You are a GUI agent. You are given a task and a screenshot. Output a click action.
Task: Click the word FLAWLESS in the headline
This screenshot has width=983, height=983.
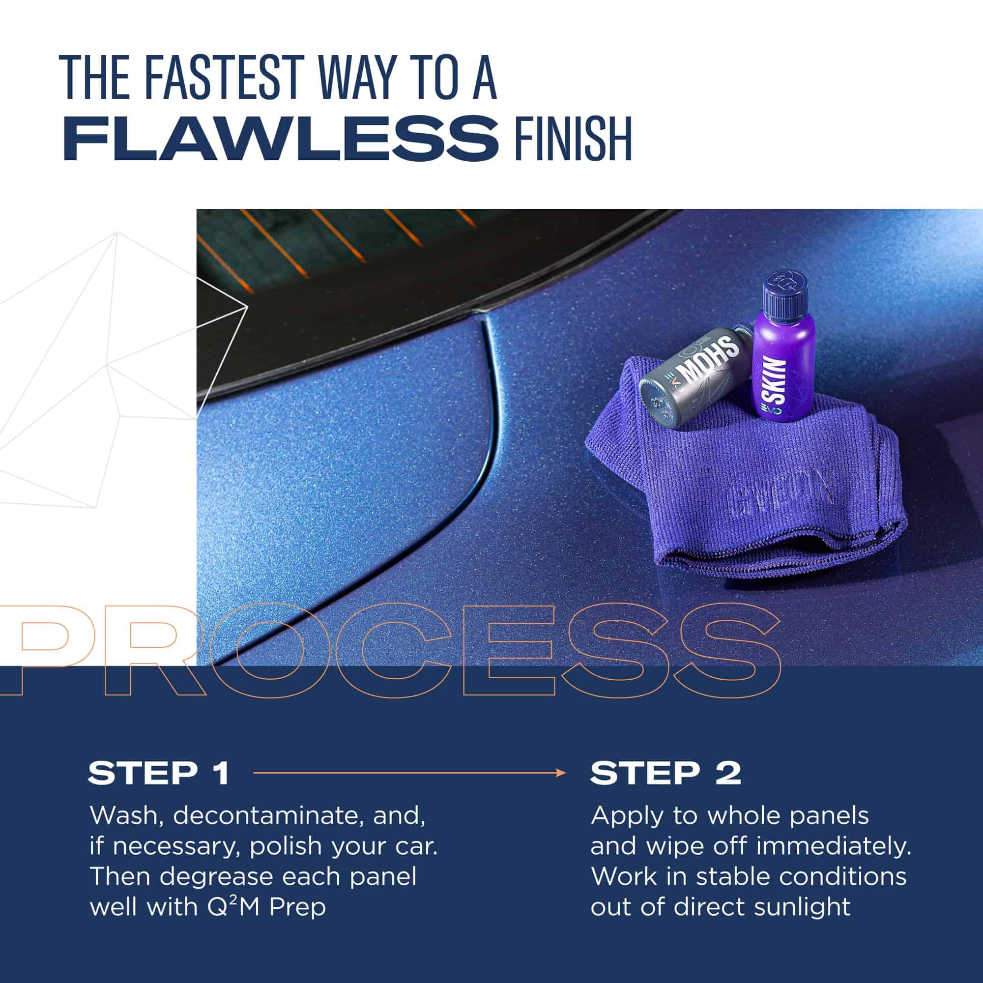[x=280, y=139]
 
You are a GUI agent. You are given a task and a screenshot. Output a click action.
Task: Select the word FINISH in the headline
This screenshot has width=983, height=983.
[x=573, y=139]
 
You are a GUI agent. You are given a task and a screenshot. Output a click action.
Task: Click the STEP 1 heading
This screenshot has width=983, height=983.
[x=158, y=773]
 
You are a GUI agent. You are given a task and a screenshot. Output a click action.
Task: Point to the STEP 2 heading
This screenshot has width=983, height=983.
[x=665, y=773]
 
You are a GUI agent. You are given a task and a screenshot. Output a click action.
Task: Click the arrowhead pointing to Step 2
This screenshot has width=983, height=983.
[x=561, y=773]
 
